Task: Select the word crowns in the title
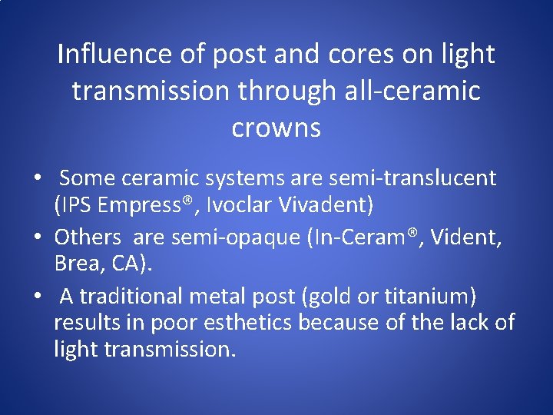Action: tap(276, 128)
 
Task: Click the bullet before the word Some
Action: tap(37, 179)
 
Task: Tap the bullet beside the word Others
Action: tap(37, 237)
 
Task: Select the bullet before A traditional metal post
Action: tap(37, 297)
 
